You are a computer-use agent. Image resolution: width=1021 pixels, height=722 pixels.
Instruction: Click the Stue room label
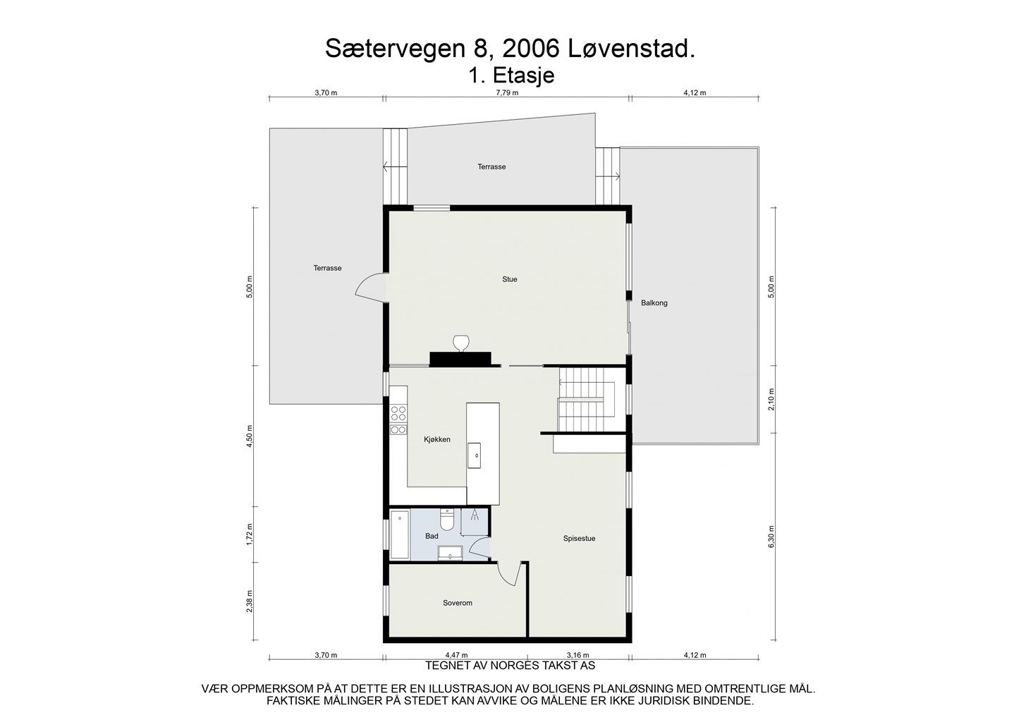click(509, 279)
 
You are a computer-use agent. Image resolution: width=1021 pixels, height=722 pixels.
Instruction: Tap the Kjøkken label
click(436, 439)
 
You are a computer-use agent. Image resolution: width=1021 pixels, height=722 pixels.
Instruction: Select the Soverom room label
click(457, 603)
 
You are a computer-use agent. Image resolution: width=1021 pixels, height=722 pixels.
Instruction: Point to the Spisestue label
click(579, 538)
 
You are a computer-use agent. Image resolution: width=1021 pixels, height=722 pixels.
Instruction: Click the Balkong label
click(654, 303)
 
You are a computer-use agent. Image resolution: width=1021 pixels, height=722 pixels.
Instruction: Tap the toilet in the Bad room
click(446, 520)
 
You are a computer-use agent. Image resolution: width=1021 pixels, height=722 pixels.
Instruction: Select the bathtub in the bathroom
click(400, 535)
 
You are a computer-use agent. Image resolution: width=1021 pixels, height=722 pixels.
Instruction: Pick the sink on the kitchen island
click(477, 455)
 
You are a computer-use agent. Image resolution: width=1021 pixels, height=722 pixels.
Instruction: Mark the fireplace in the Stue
click(462, 356)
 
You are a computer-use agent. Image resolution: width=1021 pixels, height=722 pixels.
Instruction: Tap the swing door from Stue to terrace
click(372, 288)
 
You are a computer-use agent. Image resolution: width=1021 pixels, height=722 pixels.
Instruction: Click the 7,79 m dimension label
click(506, 92)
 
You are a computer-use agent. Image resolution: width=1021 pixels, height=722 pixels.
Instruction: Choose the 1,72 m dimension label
click(250, 535)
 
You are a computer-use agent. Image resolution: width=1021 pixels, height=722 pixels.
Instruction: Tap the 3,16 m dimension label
click(578, 655)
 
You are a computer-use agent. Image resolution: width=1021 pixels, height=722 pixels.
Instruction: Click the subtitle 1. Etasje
click(510, 75)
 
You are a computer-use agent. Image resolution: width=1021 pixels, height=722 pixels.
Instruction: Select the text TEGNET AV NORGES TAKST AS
click(510, 665)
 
